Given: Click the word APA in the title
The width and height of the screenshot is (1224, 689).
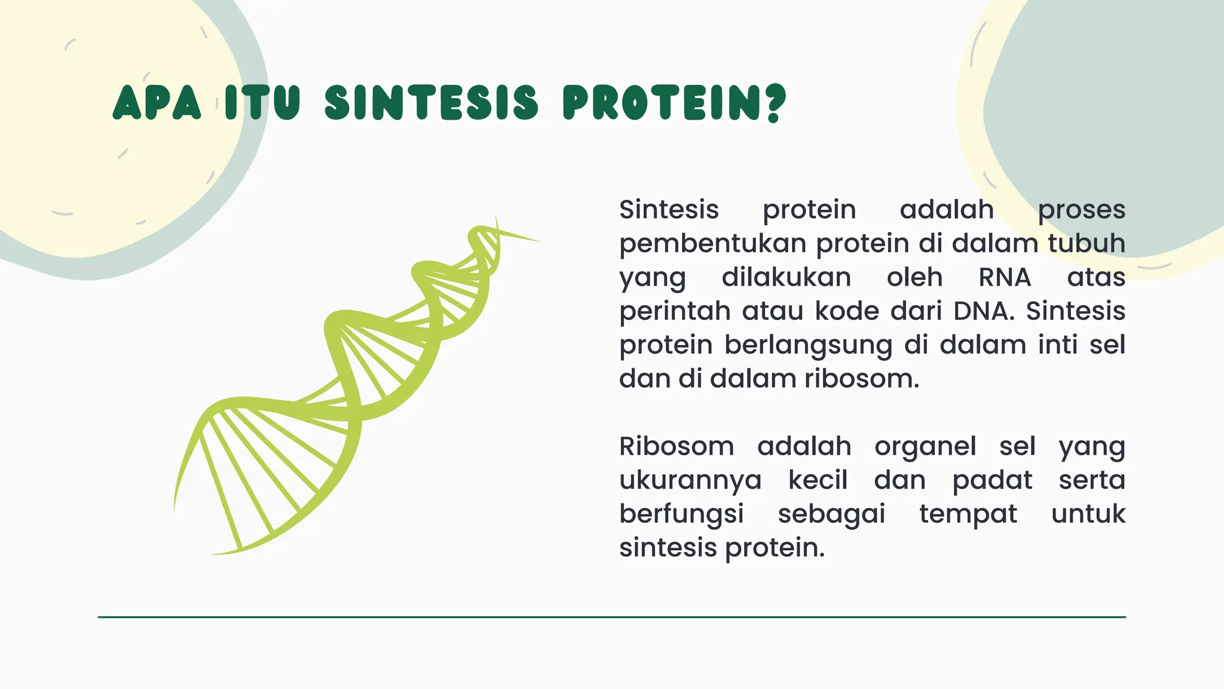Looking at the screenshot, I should click(157, 103).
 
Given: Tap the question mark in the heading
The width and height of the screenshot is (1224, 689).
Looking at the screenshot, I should click(774, 103).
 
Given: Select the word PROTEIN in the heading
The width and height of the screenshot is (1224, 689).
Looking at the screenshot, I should click(663, 103).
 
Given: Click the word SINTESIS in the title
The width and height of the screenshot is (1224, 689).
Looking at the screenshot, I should click(432, 103).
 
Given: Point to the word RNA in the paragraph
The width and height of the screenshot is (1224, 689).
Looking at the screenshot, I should click(1005, 278).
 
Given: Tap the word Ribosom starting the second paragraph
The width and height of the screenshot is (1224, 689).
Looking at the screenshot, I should click(677, 446).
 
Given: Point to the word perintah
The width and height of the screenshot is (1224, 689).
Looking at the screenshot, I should click(675, 312).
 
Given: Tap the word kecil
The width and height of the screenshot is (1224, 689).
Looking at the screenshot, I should click(818, 480).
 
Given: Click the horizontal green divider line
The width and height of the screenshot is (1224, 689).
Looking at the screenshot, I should click(611, 617).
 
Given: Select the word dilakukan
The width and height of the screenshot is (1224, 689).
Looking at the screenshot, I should click(787, 278).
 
